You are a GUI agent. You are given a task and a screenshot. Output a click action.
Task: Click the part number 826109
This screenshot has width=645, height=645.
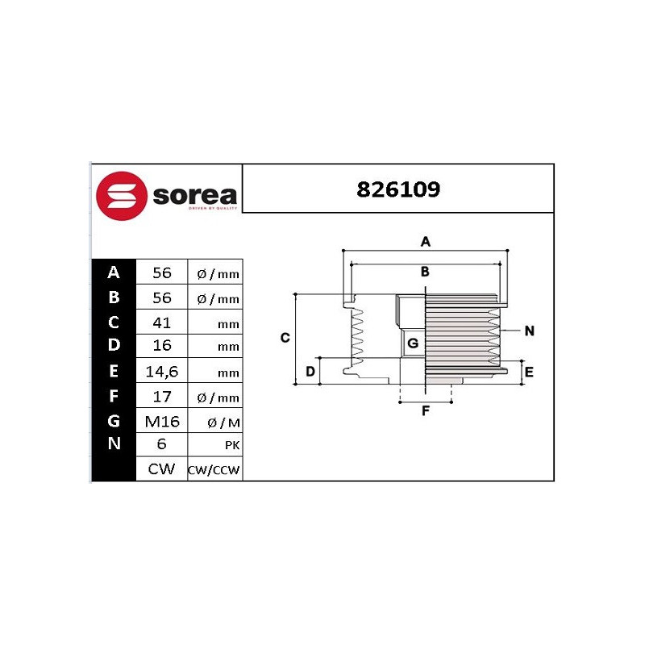398,189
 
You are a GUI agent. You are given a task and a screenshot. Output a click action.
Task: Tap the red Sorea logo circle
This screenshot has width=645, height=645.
122,196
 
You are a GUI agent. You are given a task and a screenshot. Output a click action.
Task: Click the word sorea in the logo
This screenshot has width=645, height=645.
195,196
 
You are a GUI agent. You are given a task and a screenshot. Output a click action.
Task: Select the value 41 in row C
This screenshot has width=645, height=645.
162,323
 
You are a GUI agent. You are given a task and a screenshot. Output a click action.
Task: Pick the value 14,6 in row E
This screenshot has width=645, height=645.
162,372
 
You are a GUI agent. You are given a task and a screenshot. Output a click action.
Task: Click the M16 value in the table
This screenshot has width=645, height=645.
162,422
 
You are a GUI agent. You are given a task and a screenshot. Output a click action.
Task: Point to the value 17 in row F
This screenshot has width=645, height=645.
162,397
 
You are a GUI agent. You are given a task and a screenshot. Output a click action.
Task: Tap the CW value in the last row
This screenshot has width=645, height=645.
161,469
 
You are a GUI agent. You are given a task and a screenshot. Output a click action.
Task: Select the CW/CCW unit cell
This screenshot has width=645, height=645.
214,470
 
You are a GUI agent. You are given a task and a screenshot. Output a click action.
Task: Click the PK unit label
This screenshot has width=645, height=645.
232,445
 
